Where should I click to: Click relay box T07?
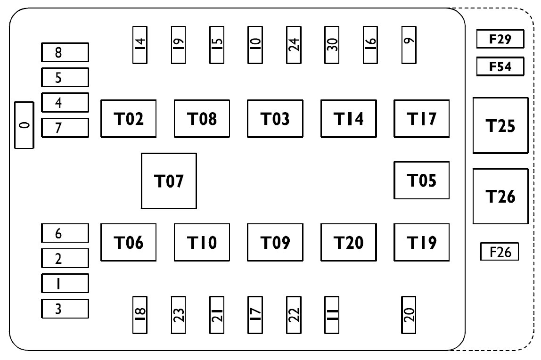[x=169, y=181]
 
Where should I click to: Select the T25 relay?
[x=500, y=125]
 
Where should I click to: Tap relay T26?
[x=500, y=196]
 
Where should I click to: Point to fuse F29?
[x=500, y=39]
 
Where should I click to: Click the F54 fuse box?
[x=500, y=66]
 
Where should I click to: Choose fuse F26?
[x=499, y=252]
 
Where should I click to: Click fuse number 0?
[x=24, y=125]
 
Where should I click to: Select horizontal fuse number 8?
[x=65, y=52]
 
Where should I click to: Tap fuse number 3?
[x=65, y=309]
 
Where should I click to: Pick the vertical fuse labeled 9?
[x=409, y=45]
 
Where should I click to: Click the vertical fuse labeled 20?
[x=409, y=315]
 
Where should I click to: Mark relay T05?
[x=422, y=180]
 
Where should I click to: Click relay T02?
[x=128, y=119]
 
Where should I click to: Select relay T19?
[x=422, y=242]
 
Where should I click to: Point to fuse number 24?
[x=294, y=45]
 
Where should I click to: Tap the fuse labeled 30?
[x=332, y=45]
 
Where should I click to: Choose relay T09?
[x=275, y=242]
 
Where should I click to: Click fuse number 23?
[x=179, y=315]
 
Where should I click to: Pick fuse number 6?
[x=65, y=233]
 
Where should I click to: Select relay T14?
[x=348, y=119]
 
